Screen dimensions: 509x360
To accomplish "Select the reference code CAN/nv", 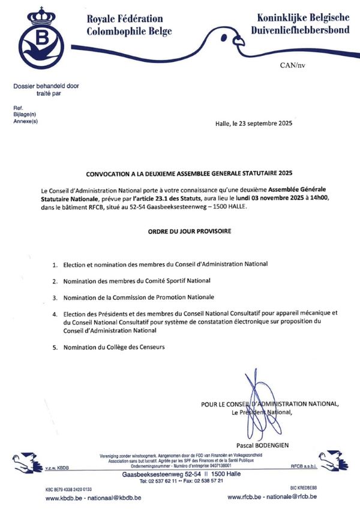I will tap(292, 64).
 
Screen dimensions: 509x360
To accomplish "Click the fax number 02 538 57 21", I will tap(206, 481).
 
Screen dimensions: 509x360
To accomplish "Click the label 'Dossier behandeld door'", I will tap(46, 86).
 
